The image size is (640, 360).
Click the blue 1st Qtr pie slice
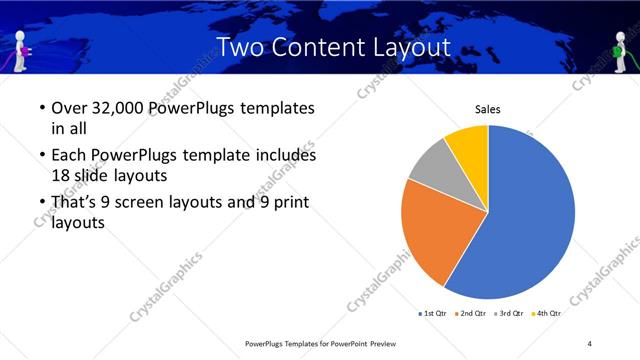coord(530,215)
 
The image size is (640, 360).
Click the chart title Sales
coord(487,109)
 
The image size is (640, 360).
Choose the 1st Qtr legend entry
coord(433,313)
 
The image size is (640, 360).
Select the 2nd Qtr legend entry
coord(474,313)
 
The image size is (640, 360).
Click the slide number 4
coord(590,343)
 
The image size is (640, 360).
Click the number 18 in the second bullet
coord(58,176)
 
